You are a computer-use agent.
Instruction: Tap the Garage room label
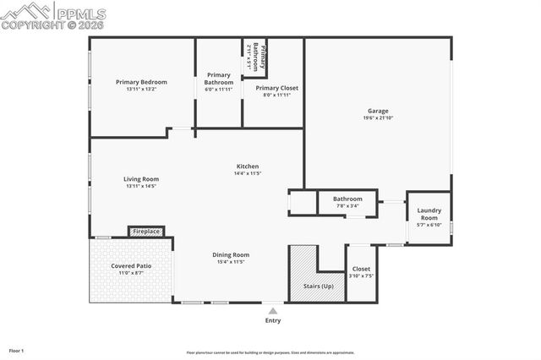378,111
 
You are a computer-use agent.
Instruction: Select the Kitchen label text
247,166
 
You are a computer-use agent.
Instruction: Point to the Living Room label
141,179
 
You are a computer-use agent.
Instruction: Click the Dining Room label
230,254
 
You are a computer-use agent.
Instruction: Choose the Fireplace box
146,231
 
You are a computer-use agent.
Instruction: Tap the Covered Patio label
131,266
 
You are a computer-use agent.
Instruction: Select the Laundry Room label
429,212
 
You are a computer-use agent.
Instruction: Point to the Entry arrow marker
272,310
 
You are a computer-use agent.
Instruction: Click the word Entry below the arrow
273,320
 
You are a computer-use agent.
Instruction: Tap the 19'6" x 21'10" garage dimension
379,117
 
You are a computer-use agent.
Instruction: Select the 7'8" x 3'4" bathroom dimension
347,205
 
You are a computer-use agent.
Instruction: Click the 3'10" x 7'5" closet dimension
361,276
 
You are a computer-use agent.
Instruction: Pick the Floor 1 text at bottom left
17,350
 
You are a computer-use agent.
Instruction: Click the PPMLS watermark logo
54,15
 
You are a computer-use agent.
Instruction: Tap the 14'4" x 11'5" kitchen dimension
247,173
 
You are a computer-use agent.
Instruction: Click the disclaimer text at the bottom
270,352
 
